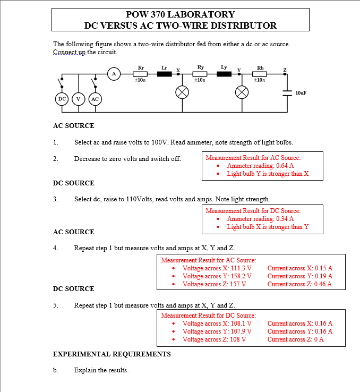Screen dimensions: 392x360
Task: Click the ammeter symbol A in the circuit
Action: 112,74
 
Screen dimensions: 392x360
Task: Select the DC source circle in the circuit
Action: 62,99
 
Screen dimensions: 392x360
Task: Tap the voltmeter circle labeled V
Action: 79,99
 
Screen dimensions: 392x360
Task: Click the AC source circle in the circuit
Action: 95,99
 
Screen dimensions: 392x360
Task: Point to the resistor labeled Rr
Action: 141,74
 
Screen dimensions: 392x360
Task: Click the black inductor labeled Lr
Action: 165,74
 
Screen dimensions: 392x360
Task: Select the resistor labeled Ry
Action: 200,74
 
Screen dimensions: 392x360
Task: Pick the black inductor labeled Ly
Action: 224,74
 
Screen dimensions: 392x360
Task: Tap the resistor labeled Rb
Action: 260,74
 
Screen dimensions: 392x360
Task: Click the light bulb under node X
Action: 182,92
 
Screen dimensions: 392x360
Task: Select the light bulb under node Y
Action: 242,92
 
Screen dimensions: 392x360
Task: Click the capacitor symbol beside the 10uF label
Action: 287,93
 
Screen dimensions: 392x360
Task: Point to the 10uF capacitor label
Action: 301,93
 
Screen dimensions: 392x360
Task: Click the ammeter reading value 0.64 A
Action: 285,166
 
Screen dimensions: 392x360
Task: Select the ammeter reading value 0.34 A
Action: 285,219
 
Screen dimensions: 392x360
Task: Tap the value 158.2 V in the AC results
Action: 241,276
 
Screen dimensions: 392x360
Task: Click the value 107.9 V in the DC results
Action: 241,331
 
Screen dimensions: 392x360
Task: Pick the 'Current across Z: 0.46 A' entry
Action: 300,284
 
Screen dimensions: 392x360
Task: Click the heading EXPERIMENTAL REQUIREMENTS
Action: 112,354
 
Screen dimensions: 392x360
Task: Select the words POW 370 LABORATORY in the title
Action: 181,14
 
